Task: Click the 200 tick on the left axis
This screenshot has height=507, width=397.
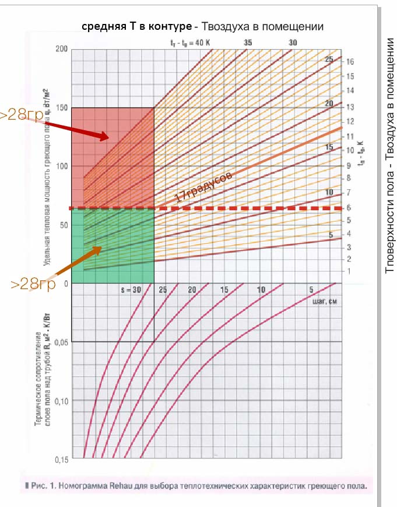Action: click(x=61, y=49)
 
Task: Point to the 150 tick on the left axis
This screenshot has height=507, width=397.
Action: click(x=61, y=107)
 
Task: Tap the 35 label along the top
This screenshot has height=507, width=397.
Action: click(x=248, y=43)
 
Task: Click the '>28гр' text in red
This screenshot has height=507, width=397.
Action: click(x=21, y=115)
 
